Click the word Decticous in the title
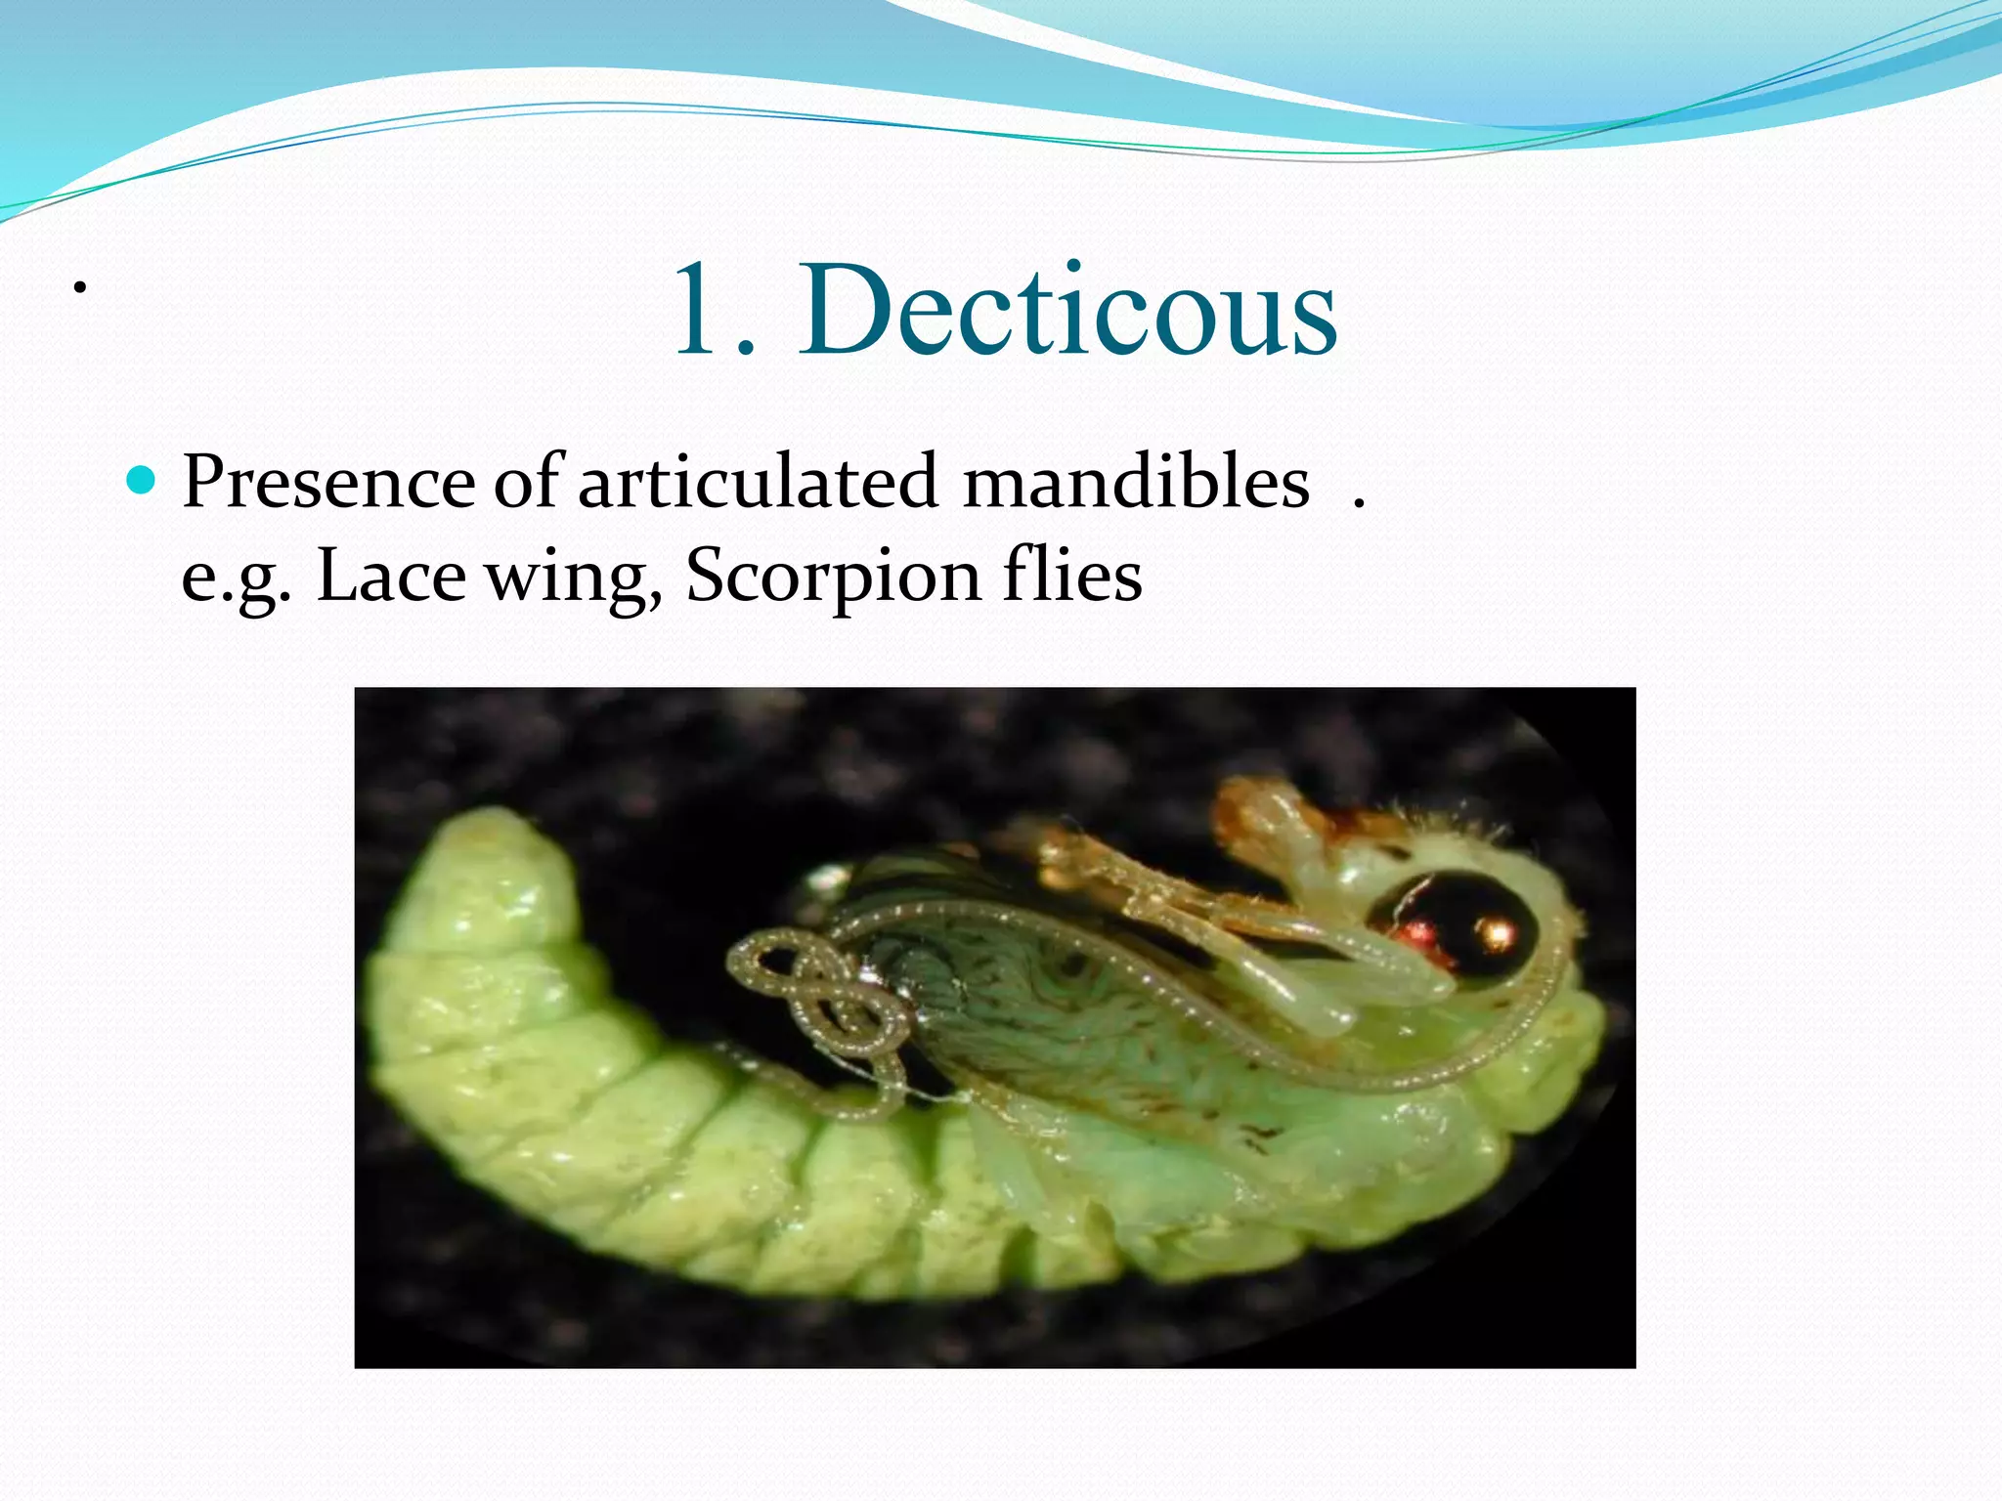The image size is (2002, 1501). [x=1069, y=311]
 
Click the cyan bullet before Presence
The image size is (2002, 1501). [x=143, y=480]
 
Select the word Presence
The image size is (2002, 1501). [x=328, y=482]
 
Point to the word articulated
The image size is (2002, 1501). [x=759, y=482]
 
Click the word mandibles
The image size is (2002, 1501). [x=1136, y=482]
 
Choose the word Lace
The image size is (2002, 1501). [x=391, y=575]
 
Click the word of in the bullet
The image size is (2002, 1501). [x=527, y=482]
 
